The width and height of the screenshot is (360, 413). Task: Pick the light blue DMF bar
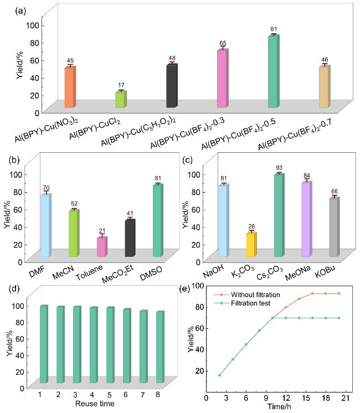click(45, 225)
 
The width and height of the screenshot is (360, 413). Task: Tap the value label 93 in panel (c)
click(279, 168)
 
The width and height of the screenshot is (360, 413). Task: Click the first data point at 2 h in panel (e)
click(219, 375)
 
